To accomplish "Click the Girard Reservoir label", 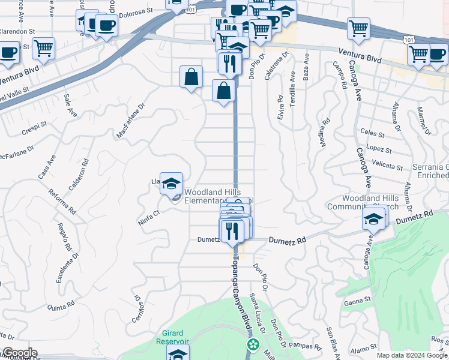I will (x=175, y=337).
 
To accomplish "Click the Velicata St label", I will (x=387, y=166).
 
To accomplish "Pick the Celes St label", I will (x=372, y=133).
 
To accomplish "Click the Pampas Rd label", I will (x=301, y=345).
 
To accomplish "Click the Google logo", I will (x=19, y=353).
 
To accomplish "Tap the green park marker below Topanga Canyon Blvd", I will (x=253, y=344).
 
